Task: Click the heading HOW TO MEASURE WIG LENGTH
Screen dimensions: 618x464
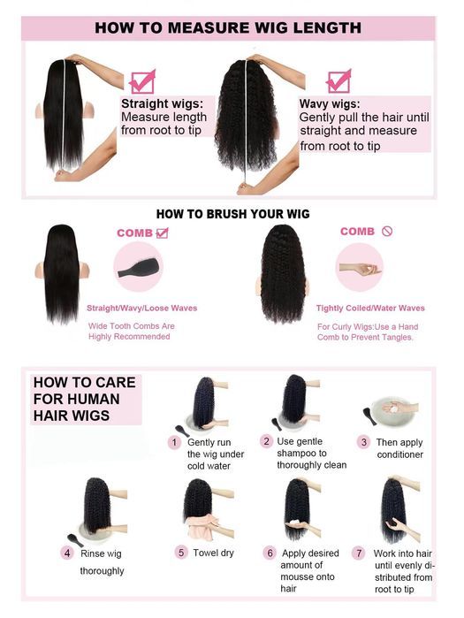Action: click(x=227, y=27)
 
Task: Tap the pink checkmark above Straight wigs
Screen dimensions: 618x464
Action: click(x=141, y=81)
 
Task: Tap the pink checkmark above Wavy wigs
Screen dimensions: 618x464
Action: click(x=338, y=80)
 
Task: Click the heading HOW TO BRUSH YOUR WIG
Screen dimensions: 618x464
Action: click(x=232, y=214)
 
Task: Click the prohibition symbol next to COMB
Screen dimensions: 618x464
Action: click(x=387, y=232)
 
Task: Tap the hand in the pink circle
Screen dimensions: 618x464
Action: click(x=358, y=268)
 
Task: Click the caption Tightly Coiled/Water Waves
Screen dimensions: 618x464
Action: click(x=370, y=309)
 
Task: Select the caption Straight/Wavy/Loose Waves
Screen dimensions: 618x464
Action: click(x=141, y=309)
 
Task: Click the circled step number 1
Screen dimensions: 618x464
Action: click(x=175, y=441)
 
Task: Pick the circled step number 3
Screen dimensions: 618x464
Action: click(x=362, y=441)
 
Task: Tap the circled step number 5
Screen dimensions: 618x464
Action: click(x=180, y=553)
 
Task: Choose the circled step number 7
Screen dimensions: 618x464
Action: click(x=359, y=553)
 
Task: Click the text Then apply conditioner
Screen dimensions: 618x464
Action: click(x=400, y=447)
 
